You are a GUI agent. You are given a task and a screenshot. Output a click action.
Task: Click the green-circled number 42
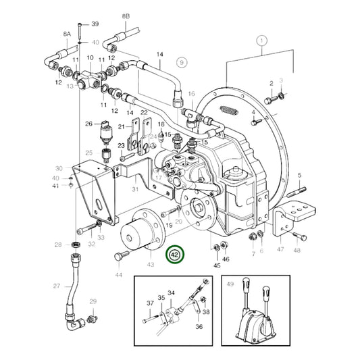coord(175,255)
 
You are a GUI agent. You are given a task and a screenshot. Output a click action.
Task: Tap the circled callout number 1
coord(261,41)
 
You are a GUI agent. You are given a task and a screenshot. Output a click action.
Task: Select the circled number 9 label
coord(180,62)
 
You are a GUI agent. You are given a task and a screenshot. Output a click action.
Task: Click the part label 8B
coord(126,15)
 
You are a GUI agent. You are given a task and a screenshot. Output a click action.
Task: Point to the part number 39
coord(95,24)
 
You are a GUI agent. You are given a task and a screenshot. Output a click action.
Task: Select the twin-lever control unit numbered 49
coord(256,318)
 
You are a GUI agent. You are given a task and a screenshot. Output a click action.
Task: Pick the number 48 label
coord(297,251)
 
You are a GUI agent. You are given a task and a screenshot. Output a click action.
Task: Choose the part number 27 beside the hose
coord(57,286)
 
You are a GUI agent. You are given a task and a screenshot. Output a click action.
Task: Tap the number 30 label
coord(59,168)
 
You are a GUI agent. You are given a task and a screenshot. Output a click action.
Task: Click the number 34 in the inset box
coord(171,292)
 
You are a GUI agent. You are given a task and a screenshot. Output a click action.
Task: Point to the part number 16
coord(191,94)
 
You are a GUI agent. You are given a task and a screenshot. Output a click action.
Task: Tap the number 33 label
coord(100,237)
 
